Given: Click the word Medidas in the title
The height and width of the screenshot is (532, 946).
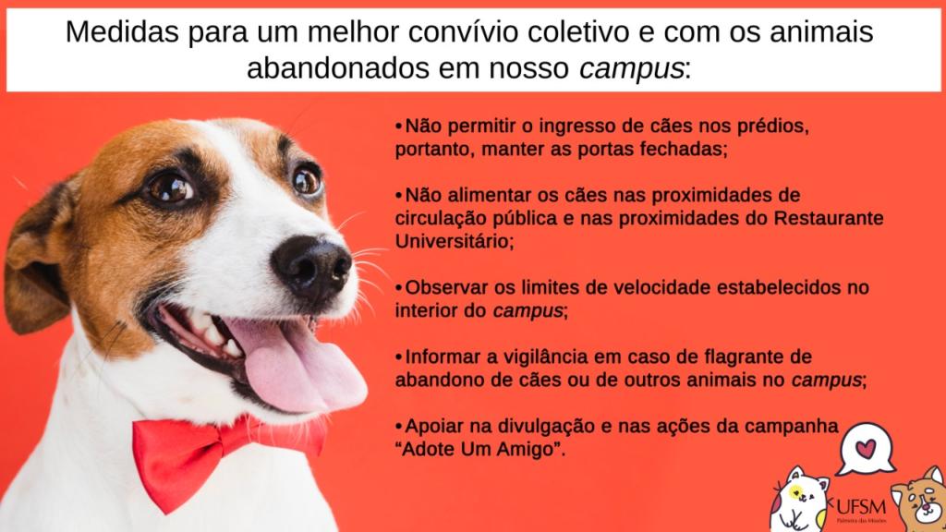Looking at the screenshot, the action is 122,32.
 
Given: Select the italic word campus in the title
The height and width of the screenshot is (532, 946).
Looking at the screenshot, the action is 632,69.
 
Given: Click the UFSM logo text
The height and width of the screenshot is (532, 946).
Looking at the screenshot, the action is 861,506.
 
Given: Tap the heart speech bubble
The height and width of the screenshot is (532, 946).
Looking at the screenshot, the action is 866,449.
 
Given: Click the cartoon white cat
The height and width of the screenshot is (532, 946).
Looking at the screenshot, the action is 799,500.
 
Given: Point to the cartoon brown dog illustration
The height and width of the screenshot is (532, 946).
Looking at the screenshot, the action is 919,500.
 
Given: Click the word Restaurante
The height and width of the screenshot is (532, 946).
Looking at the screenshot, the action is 829,218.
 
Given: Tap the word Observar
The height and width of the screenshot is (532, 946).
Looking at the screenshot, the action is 445,288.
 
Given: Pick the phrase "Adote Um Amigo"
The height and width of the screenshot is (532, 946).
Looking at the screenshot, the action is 480,450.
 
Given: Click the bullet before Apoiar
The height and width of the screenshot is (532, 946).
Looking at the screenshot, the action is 399,427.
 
